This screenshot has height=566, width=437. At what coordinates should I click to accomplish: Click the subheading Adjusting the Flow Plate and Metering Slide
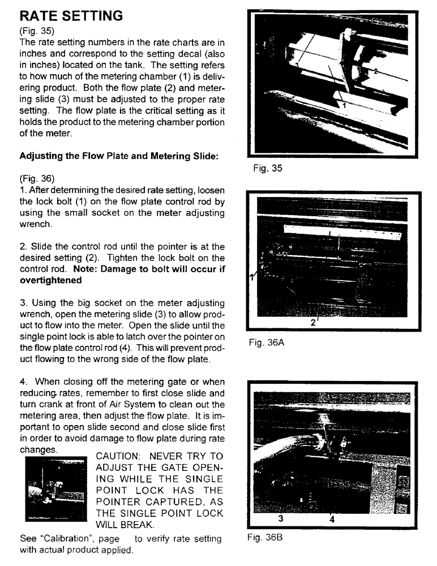119,157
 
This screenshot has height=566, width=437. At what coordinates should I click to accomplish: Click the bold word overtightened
50,280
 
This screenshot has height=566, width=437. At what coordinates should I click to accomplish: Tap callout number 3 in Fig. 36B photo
280,517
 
